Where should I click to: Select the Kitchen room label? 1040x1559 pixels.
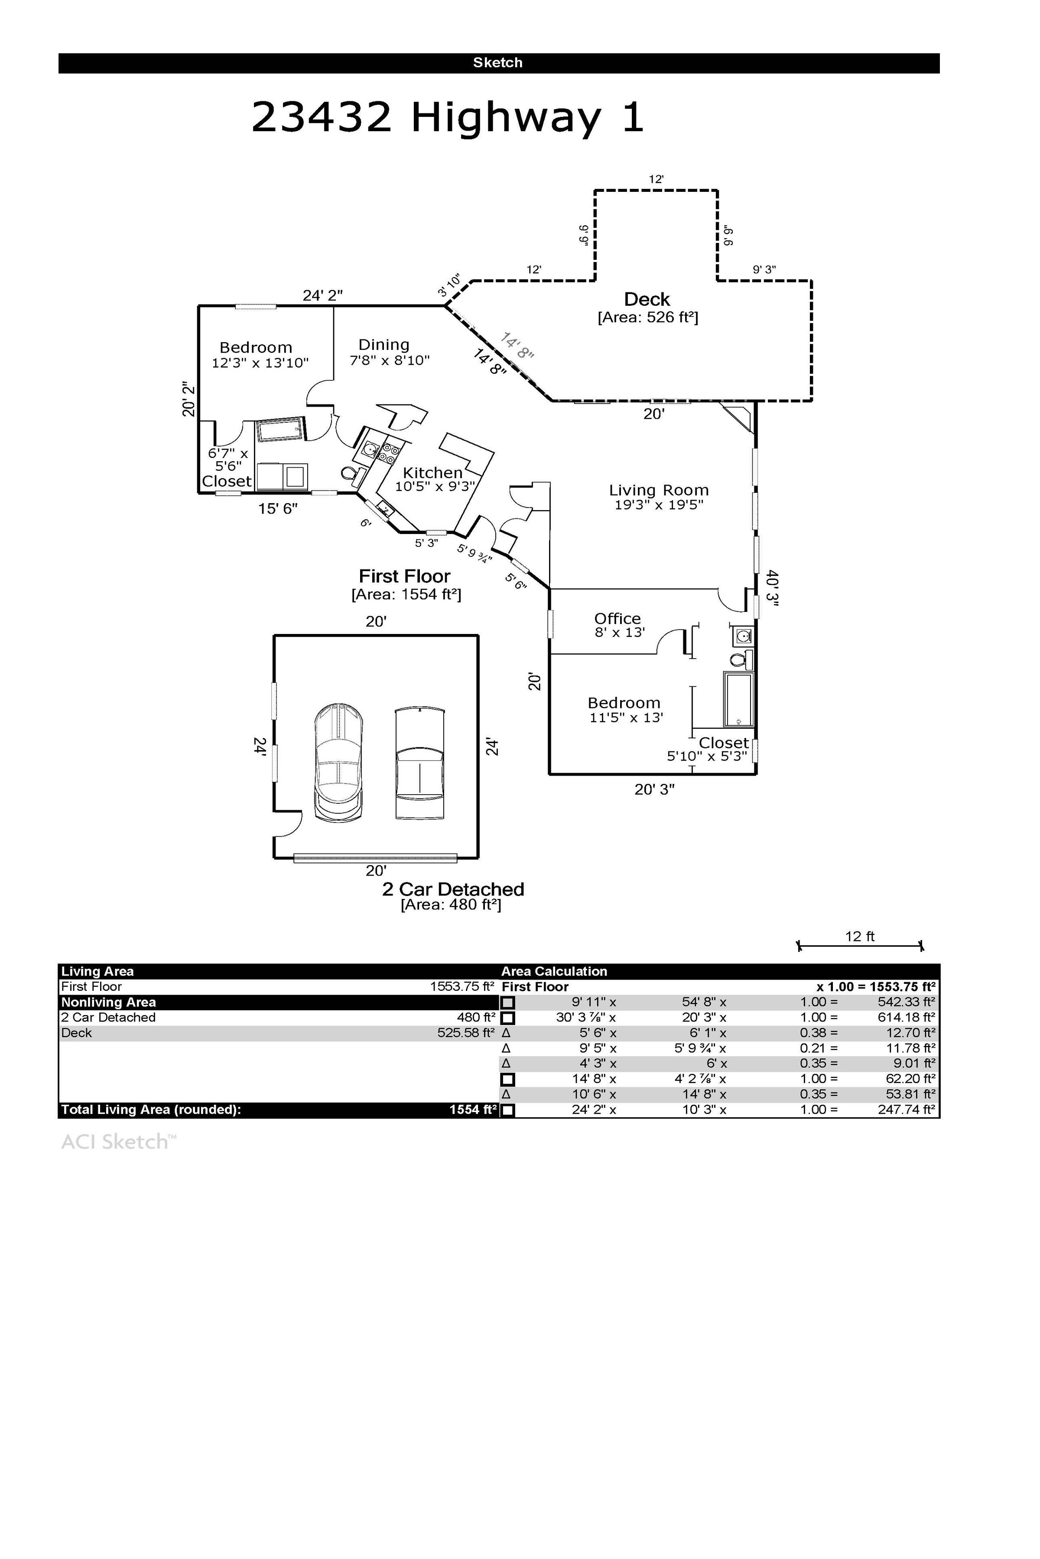432,472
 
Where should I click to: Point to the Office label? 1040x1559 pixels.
617,618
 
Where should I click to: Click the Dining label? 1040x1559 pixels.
384,345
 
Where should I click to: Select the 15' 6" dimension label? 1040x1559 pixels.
278,509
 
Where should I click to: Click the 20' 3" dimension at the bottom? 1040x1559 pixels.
655,789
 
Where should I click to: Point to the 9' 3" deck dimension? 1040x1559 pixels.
764,270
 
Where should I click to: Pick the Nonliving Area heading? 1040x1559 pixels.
109,1002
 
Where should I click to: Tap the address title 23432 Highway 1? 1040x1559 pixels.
448,117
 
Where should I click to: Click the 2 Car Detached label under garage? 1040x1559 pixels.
453,889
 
